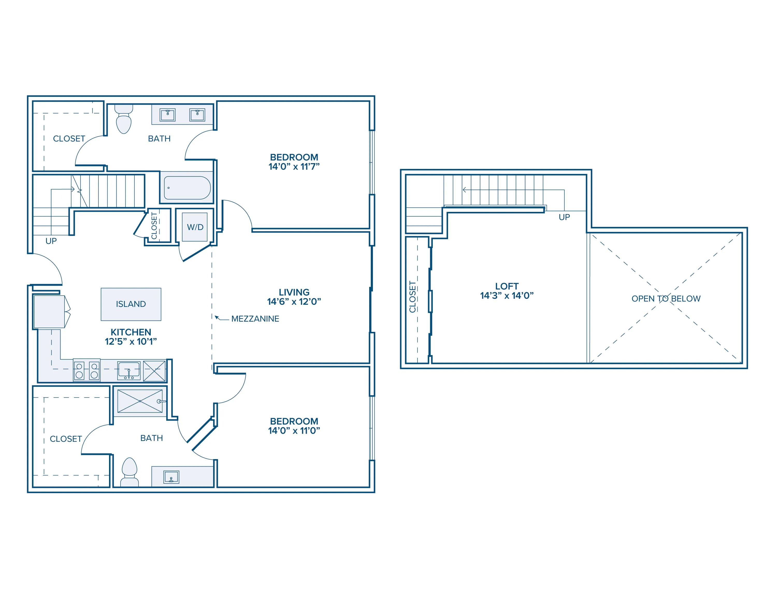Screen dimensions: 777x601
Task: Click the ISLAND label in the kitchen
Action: click(131, 304)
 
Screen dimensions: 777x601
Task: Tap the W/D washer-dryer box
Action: click(195, 227)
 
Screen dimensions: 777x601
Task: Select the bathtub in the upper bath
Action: click(187, 188)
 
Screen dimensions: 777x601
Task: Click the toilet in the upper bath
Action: click(124, 119)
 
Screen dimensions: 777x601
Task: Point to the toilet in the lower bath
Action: click(129, 472)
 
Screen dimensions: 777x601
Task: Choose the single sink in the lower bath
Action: click(171, 477)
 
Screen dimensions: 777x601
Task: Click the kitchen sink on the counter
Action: click(129, 371)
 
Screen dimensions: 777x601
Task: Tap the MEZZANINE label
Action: click(255, 319)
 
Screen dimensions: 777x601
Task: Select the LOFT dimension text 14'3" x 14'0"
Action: click(507, 296)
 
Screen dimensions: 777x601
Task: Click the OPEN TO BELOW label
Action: click(666, 299)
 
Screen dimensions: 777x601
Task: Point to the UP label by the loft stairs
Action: click(564, 217)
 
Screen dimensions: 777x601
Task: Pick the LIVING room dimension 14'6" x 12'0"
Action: click(294, 302)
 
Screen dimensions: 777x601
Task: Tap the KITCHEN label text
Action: click(131, 332)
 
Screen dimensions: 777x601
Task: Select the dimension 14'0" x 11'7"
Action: click(294, 167)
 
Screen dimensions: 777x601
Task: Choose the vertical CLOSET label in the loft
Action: click(412, 297)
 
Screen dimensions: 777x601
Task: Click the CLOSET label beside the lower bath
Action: click(66, 439)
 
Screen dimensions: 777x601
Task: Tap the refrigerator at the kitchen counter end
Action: click(50, 312)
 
